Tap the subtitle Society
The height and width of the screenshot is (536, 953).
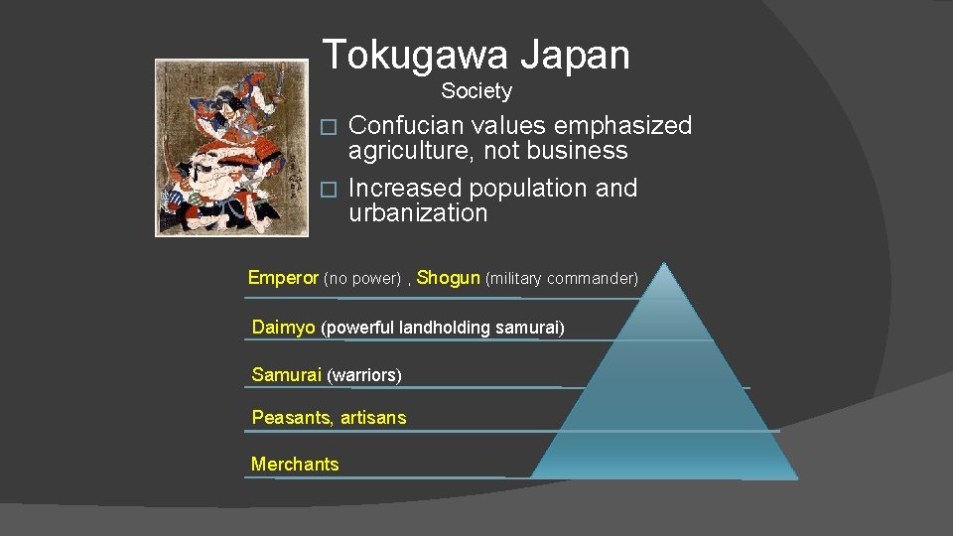coord(476,91)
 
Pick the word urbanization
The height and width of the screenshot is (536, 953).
coord(418,213)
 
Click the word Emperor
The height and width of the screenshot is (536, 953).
coord(283,278)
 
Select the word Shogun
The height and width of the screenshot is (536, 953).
coord(449,278)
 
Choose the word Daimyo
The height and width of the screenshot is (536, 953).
coord(284,327)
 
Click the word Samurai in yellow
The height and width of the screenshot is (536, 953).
coord(286,374)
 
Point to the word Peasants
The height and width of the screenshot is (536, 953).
coord(292,418)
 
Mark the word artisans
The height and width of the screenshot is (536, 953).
coord(373,418)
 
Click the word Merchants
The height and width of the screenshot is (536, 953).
coord(295,464)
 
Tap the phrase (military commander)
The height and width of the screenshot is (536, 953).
coord(561,279)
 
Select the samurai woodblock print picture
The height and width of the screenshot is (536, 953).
coord(217,147)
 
